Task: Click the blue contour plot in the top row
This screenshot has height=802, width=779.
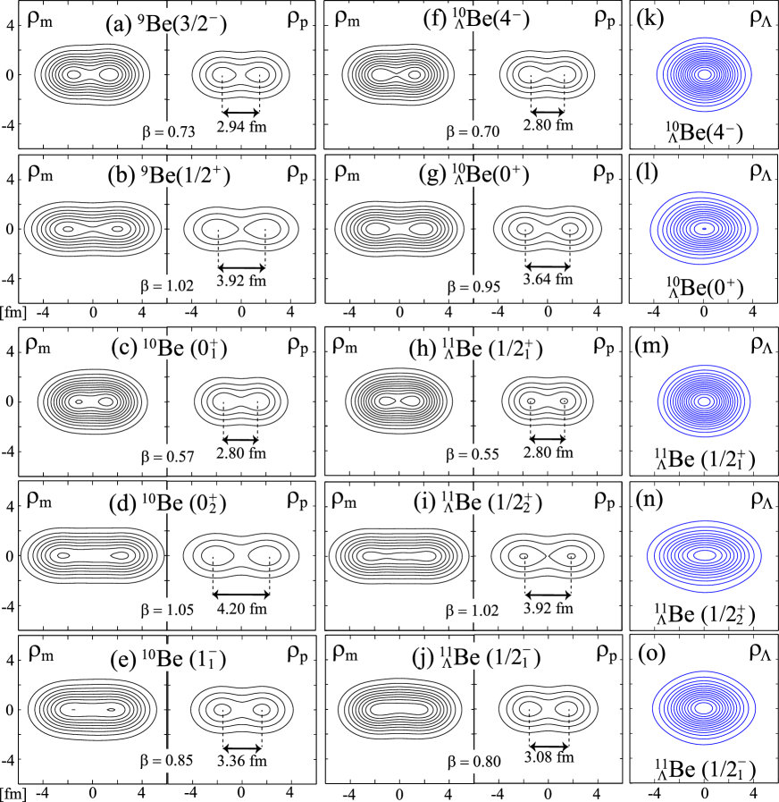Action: coord(704,75)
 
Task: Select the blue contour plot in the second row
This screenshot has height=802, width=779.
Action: coord(704,229)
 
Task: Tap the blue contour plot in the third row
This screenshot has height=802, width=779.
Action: coord(704,401)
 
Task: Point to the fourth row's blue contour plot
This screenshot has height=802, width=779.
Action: coord(704,555)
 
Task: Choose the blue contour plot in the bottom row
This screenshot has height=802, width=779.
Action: coord(704,708)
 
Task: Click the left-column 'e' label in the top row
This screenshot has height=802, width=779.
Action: coord(167,21)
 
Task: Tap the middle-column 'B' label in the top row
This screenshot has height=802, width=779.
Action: coord(474,20)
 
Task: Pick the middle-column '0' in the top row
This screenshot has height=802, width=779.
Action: coord(474,132)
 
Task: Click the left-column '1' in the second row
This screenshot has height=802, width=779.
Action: coord(166,287)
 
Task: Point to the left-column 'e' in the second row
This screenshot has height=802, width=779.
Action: coord(169,175)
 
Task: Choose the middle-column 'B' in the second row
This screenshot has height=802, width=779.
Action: coord(473,174)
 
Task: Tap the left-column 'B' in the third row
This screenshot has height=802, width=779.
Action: coord(167,347)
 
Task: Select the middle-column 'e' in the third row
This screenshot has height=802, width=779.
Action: coord(474,349)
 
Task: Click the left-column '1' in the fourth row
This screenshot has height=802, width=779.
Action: coord(169,611)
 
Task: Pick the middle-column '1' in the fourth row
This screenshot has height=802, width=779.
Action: coord(474,611)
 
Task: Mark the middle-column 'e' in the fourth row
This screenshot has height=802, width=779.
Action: coord(474,503)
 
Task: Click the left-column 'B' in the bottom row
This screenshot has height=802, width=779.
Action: coord(167,658)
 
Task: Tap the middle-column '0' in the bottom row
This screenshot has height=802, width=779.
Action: coord(475,763)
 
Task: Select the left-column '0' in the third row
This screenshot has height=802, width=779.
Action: coord(169,456)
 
